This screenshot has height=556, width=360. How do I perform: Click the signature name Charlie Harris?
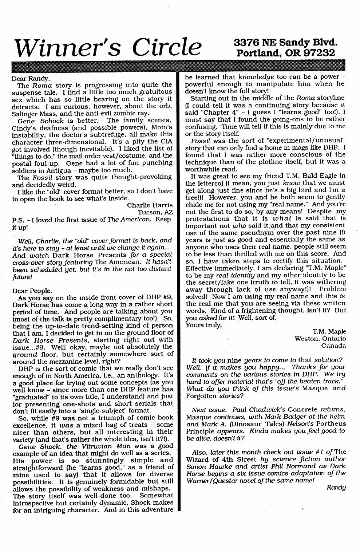click(150, 205)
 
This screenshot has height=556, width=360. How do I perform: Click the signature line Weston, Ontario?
click(320, 339)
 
